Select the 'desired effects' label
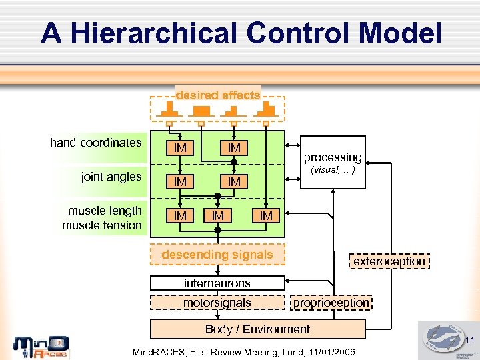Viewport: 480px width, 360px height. coord(218,95)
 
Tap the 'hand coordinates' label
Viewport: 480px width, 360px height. coord(96,142)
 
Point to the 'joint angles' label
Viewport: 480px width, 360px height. coord(111,177)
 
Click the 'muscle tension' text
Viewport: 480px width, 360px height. coord(102,225)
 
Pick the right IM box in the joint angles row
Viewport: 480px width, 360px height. coord(234,181)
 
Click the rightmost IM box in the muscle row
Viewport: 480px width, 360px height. coord(266,215)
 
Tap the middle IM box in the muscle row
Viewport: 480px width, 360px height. coord(217,215)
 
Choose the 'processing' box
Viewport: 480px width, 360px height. coord(333,157)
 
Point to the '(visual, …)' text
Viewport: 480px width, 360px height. coord(333,170)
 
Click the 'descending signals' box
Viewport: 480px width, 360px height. coord(217,255)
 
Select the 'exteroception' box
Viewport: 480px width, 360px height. coord(389,261)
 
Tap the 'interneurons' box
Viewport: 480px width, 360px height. coord(217,283)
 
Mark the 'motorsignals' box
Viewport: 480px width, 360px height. coord(217,303)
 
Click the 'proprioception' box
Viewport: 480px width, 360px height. coord(331,303)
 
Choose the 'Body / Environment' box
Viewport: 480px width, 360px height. coord(257,329)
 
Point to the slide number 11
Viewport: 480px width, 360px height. coord(469,341)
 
